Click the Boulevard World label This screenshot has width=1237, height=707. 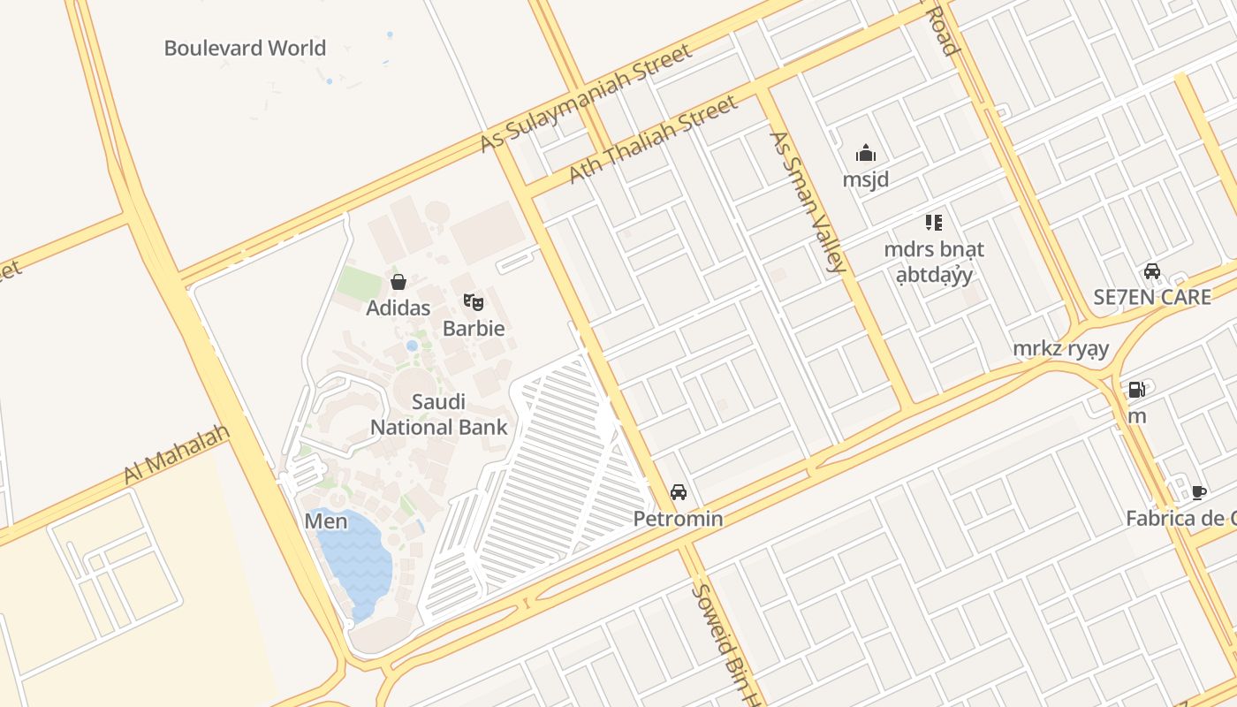click(x=245, y=48)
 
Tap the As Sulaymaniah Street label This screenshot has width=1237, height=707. click(x=587, y=98)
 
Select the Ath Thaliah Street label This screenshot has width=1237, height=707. click(x=652, y=140)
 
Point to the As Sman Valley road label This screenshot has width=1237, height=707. click(x=808, y=201)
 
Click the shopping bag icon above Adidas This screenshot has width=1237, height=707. click(x=398, y=282)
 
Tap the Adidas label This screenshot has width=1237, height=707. click(x=398, y=308)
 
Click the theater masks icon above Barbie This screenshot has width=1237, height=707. click(x=474, y=302)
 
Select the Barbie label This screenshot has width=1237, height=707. click(x=474, y=328)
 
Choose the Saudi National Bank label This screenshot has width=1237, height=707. click(x=438, y=414)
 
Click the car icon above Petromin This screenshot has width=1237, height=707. click(x=678, y=492)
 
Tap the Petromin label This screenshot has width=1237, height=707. click(x=678, y=519)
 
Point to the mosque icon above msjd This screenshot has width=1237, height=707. click(x=865, y=154)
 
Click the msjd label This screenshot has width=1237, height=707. click(x=865, y=179)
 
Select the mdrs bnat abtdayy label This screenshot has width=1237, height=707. click(x=934, y=262)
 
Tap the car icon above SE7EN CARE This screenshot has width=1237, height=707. click(x=1151, y=271)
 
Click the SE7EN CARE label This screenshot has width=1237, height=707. click(x=1152, y=297)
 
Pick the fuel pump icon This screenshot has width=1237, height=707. click(x=1136, y=389)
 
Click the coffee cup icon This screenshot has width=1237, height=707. click(x=1198, y=492)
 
